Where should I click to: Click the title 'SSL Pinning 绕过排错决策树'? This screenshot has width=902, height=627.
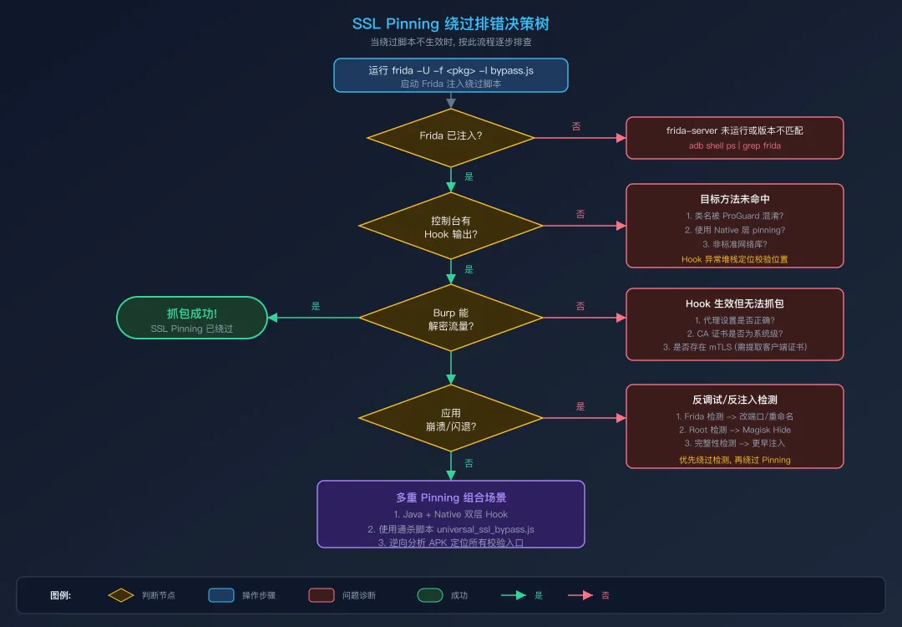tap(451, 24)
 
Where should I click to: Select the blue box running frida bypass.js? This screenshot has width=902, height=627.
tap(451, 75)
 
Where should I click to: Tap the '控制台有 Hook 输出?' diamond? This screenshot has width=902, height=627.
tap(451, 227)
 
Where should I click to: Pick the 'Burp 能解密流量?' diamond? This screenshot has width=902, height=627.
tap(451, 319)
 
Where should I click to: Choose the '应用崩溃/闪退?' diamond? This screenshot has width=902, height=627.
tap(451, 419)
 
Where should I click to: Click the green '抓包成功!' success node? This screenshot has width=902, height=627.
tap(192, 318)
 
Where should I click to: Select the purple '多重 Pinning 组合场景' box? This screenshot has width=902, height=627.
tap(451, 514)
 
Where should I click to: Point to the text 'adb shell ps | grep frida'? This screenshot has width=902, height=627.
tap(735, 145)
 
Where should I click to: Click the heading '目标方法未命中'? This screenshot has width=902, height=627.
tap(735, 200)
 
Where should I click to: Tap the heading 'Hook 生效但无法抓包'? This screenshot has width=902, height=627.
tap(735, 303)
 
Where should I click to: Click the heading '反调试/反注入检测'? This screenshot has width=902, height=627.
tap(735, 400)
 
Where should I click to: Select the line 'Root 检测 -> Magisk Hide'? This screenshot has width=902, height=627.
tap(735, 430)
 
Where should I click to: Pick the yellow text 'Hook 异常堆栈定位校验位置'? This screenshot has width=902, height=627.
tap(735, 259)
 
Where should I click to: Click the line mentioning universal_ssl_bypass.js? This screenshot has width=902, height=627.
tap(451, 529)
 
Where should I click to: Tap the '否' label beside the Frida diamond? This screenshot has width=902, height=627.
tap(576, 126)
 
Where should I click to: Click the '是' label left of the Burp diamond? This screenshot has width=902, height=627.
tap(316, 306)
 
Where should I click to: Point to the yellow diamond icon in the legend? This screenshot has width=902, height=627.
tap(121, 595)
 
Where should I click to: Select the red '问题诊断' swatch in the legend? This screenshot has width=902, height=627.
tap(322, 595)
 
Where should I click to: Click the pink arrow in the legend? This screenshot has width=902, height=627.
tap(580, 595)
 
